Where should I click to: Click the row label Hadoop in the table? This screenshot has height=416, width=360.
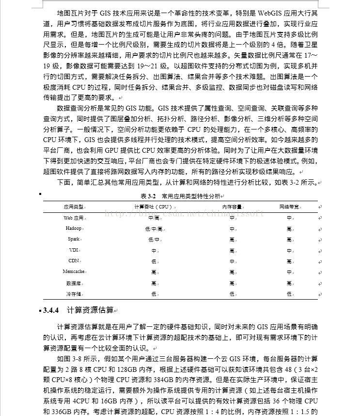pyautogui.click(x=74, y=228)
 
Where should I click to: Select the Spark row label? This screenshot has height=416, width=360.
pyautogui.click(x=74, y=239)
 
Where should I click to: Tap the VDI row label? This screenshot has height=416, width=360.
pyautogui.click(x=74, y=250)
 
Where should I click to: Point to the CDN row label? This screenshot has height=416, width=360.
pyautogui.click(x=74, y=261)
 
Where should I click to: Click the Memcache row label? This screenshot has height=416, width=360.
pyautogui.click(x=74, y=272)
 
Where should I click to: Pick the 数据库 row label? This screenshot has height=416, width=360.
pyautogui.click(x=74, y=283)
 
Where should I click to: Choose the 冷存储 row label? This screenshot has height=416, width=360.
pyautogui.click(x=74, y=294)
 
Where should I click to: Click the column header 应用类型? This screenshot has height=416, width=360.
pyautogui.click(x=74, y=207)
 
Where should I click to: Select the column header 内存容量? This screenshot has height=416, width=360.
pyautogui.click(x=232, y=207)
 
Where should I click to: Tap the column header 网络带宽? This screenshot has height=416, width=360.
pyautogui.click(x=289, y=207)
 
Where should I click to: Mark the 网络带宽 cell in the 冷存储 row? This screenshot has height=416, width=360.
pyautogui.click(x=289, y=294)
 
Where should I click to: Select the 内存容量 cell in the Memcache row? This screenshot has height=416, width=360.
pyautogui.click(x=232, y=272)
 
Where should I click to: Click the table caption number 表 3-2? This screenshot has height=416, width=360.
pyautogui.click(x=147, y=196)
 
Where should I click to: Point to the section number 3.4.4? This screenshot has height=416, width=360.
pyautogui.click(x=51, y=310)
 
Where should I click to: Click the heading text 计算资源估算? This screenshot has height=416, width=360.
pyautogui.click(x=91, y=310)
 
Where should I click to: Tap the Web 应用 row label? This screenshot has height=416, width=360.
pyautogui.click(x=74, y=218)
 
